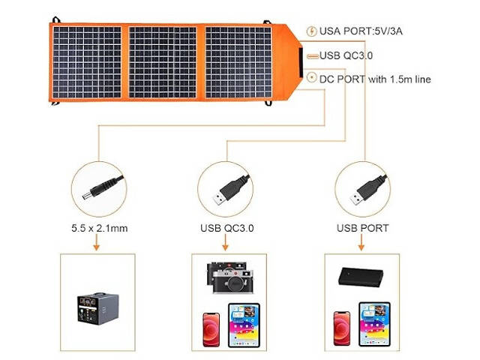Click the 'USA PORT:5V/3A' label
[x=361, y=31]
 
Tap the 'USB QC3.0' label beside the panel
[x=346, y=55]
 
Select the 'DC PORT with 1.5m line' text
[x=375, y=79]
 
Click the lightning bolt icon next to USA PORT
[x=311, y=31]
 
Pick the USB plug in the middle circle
[x=227, y=190]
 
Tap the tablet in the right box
[x=376, y=323]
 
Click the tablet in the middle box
[x=243, y=324]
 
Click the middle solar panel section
[x=164, y=63]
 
